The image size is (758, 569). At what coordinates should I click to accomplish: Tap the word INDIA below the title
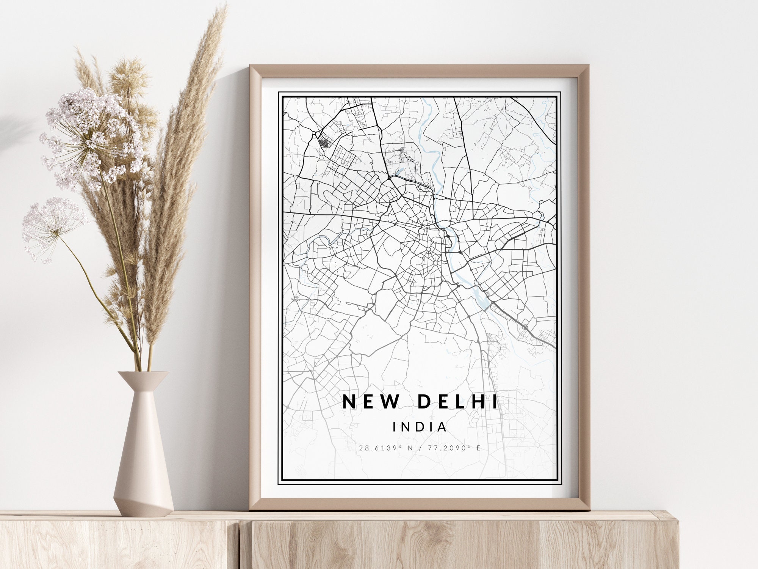click(x=420, y=427)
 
